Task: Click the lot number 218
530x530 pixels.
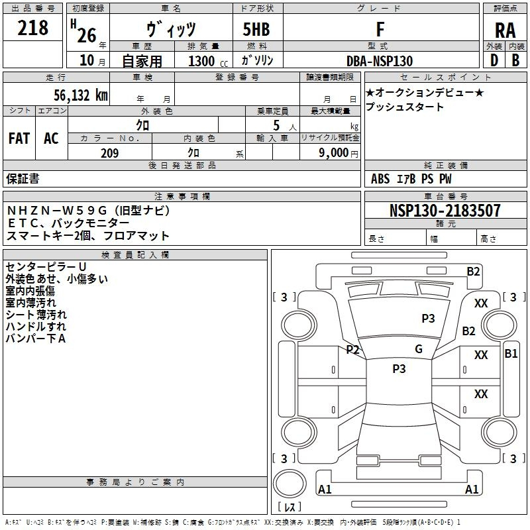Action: pos(32,28)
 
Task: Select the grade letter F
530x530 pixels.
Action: pos(380,29)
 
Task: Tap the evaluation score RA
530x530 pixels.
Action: pos(505,30)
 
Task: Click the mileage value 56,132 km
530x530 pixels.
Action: pos(81,95)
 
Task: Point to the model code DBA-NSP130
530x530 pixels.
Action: pos(380,61)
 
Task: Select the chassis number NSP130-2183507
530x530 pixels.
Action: pos(445,210)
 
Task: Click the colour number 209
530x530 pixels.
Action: pos(110,153)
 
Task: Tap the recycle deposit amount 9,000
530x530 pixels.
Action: pos(334,152)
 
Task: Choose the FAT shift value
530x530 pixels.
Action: pos(19,138)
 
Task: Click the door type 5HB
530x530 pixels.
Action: pos(256,29)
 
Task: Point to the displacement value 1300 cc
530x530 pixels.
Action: pos(208,61)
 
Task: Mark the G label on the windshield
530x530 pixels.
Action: pos(419,349)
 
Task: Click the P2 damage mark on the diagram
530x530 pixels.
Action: pos(352,350)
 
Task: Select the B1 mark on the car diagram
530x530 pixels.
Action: pos(511,354)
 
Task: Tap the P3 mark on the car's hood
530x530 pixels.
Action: pos(428,318)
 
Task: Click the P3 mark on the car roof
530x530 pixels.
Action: pos(399,368)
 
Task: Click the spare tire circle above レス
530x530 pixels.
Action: pos(290,484)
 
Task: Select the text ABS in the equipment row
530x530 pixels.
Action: pos(380,179)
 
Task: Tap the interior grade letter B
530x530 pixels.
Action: pos(515,60)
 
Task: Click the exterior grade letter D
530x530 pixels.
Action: pos(494,60)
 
